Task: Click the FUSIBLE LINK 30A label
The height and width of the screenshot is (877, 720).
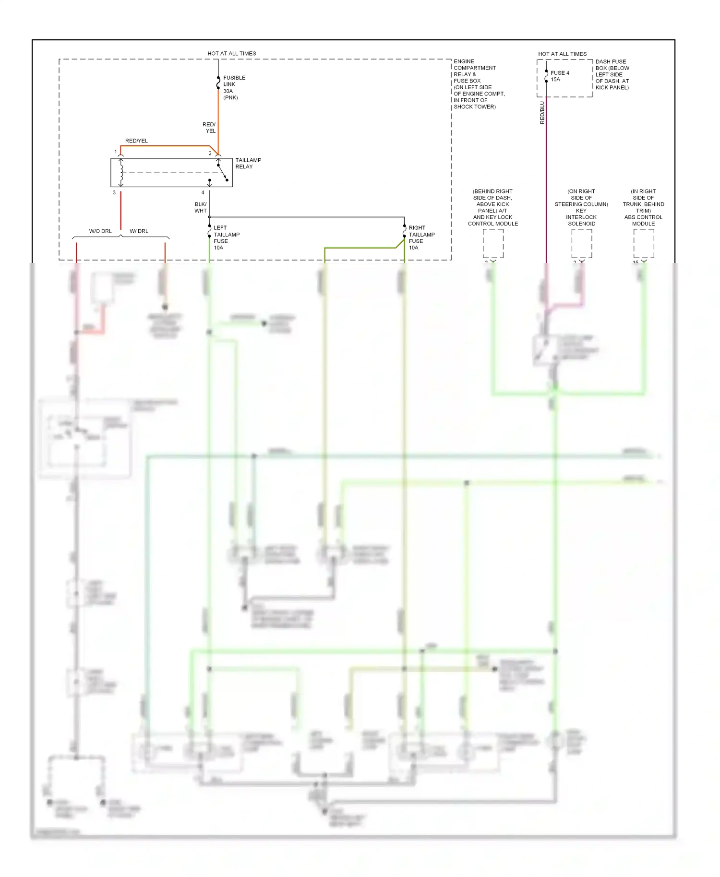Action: (233, 87)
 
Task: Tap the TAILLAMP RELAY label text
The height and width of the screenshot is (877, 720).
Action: (248, 163)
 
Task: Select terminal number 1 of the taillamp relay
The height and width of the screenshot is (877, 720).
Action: (116, 152)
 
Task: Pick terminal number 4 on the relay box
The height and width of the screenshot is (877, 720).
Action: (203, 192)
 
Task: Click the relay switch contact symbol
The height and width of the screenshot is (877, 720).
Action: (222, 172)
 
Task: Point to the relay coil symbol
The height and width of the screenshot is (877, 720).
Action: (121, 172)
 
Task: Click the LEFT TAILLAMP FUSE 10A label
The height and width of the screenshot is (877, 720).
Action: (226, 237)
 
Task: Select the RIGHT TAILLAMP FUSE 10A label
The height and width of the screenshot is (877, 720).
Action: (421, 237)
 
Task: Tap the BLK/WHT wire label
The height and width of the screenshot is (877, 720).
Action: (201, 207)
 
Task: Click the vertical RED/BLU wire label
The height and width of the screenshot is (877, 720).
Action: (542, 113)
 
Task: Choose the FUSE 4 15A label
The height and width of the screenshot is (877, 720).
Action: (559, 76)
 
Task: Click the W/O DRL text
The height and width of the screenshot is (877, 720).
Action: (100, 231)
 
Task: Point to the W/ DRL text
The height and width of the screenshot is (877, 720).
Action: (139, 231)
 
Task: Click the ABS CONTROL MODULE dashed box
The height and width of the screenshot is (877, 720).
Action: (643, 243)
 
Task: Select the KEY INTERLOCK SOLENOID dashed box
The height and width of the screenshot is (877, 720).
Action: (581, 243)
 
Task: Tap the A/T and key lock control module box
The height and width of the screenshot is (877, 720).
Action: (493, 243)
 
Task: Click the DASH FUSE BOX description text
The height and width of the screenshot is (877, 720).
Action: (612, 74)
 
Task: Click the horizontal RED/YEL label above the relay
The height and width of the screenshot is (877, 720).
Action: (136, 141)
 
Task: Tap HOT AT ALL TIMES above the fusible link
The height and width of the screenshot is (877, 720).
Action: (231, 53)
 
